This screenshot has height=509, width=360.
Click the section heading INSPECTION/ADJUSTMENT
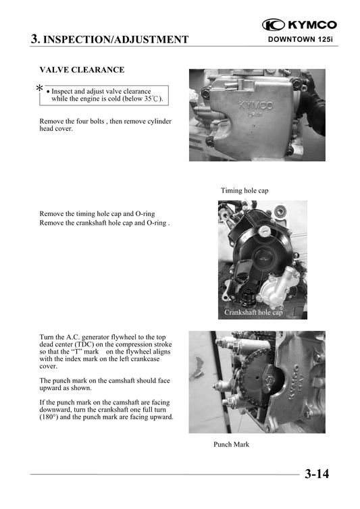[115, 39]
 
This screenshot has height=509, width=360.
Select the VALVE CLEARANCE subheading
[82, 70]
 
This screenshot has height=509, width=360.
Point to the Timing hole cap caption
[245, 191]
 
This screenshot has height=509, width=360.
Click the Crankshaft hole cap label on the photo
[253, 313]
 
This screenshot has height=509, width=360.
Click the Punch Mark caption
[231, 444]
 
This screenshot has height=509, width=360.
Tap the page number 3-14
[317, 474]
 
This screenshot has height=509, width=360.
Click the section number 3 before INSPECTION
[34, 38]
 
